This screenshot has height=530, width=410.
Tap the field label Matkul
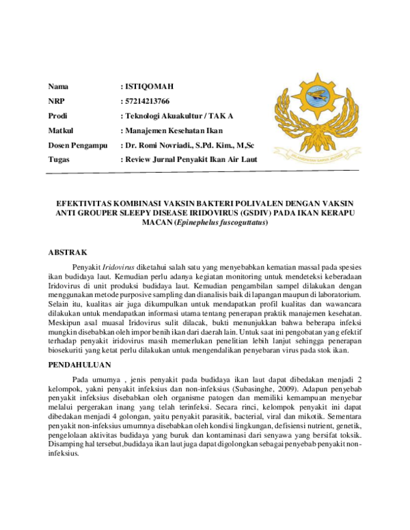coord(60,130)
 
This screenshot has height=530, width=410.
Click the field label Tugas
coord(59,159)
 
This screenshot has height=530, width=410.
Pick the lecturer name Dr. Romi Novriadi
coord(156,145)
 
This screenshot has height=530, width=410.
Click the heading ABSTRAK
coord(68,252)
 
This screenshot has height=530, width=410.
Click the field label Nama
coord(58,87)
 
